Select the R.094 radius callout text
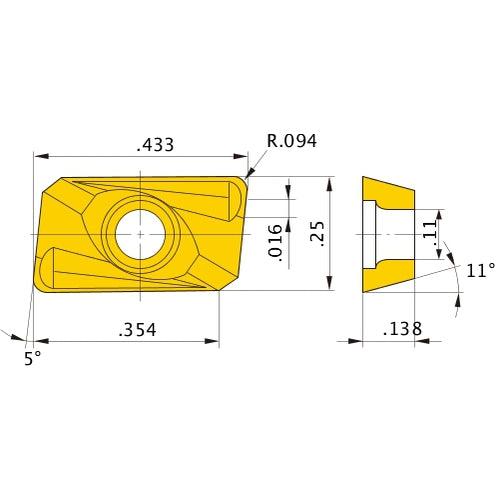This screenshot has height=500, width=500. tap(291, 141)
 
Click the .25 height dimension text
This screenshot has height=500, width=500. tap(316, 234)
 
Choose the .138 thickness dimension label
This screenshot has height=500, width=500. tap(402, 328)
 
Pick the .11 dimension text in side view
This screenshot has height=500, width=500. tap(429, 234)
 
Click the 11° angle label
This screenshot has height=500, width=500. tap(480, 270)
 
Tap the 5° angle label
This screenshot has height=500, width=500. tap(33, 358)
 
